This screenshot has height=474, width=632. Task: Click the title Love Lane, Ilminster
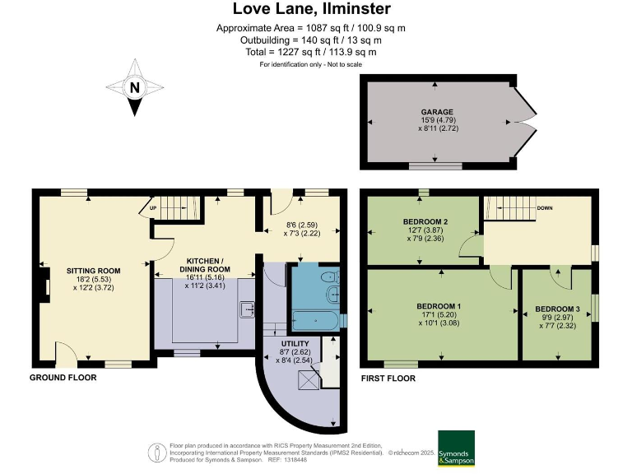tap(311, 10)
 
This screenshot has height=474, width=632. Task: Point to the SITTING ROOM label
tap(94, 270)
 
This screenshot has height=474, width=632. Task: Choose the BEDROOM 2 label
tap(425, 222)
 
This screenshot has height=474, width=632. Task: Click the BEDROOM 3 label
tap(559, 309)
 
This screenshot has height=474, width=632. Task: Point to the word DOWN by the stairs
tap(545, 209)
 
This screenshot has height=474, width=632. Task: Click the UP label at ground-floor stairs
tap(153, 209)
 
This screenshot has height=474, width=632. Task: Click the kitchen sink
tap(246, 310)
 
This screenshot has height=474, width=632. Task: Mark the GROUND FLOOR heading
tap(63, 378)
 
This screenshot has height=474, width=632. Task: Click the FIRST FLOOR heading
tap(388, 379)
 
